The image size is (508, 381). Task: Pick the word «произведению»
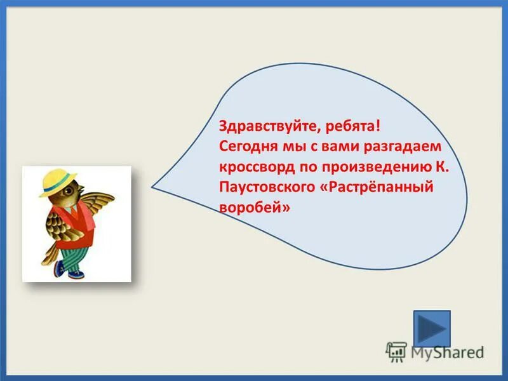click(371, 168)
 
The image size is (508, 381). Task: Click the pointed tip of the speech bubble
click(153, 187)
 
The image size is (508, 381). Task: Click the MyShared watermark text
click(445, 351)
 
